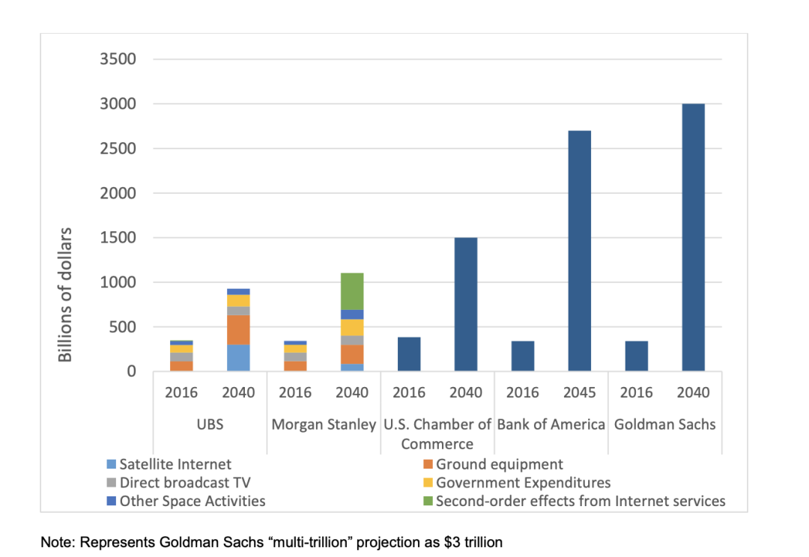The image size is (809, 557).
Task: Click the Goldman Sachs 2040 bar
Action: [693, 237]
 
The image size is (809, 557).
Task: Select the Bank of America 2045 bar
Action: [579, 251]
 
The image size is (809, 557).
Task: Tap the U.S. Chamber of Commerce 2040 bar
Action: [465, 304]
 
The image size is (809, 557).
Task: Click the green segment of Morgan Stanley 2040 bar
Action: [352, 291]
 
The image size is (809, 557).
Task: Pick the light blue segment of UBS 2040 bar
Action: [238, 358]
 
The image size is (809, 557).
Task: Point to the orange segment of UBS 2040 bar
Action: [238, 329]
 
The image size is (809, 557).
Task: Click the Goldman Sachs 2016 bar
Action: [636, 356]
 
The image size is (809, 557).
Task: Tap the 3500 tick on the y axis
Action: [118, 59]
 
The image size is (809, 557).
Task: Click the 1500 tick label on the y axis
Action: [118, 238]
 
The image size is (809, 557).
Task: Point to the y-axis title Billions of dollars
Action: [66, 294]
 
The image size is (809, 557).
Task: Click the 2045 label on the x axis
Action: [579, 392]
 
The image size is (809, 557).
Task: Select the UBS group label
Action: [210, 424]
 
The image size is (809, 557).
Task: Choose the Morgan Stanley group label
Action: [324, 424]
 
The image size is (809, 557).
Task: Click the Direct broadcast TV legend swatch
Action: [112, 483]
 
